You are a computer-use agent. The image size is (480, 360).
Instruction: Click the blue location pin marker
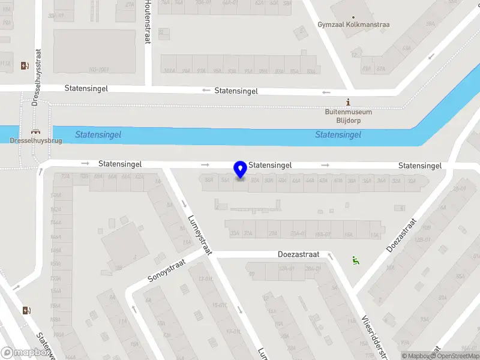tap(241, 170)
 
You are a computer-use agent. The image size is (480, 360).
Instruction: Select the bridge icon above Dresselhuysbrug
tap(35, 132)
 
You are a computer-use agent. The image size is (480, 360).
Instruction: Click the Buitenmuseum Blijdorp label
tap(349, 116)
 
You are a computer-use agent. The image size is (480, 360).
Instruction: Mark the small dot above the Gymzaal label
tap(353, 17)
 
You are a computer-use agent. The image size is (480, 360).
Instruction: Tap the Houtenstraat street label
tap(148, 22)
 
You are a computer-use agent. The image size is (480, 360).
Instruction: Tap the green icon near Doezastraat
tap(355, 260)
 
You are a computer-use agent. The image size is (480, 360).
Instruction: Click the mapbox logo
tap(26, 353)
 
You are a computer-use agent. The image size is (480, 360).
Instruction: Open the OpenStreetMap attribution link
tap(454, 356)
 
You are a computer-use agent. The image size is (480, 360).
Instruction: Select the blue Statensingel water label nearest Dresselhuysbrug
tap(98, 135)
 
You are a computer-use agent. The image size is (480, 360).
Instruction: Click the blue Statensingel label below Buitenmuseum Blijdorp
tap(338, 135)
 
